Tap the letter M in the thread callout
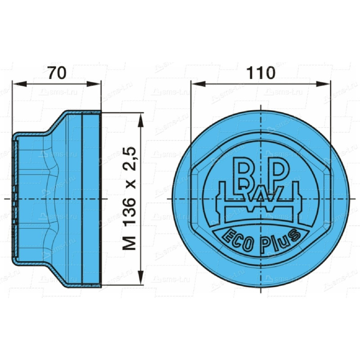coord(130,243)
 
